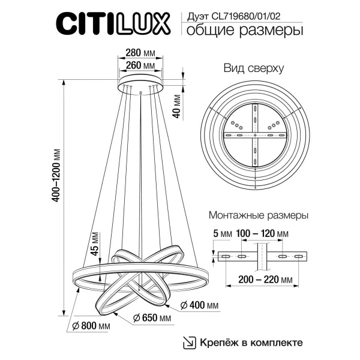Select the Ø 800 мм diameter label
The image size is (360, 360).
[x=90, y=326]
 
